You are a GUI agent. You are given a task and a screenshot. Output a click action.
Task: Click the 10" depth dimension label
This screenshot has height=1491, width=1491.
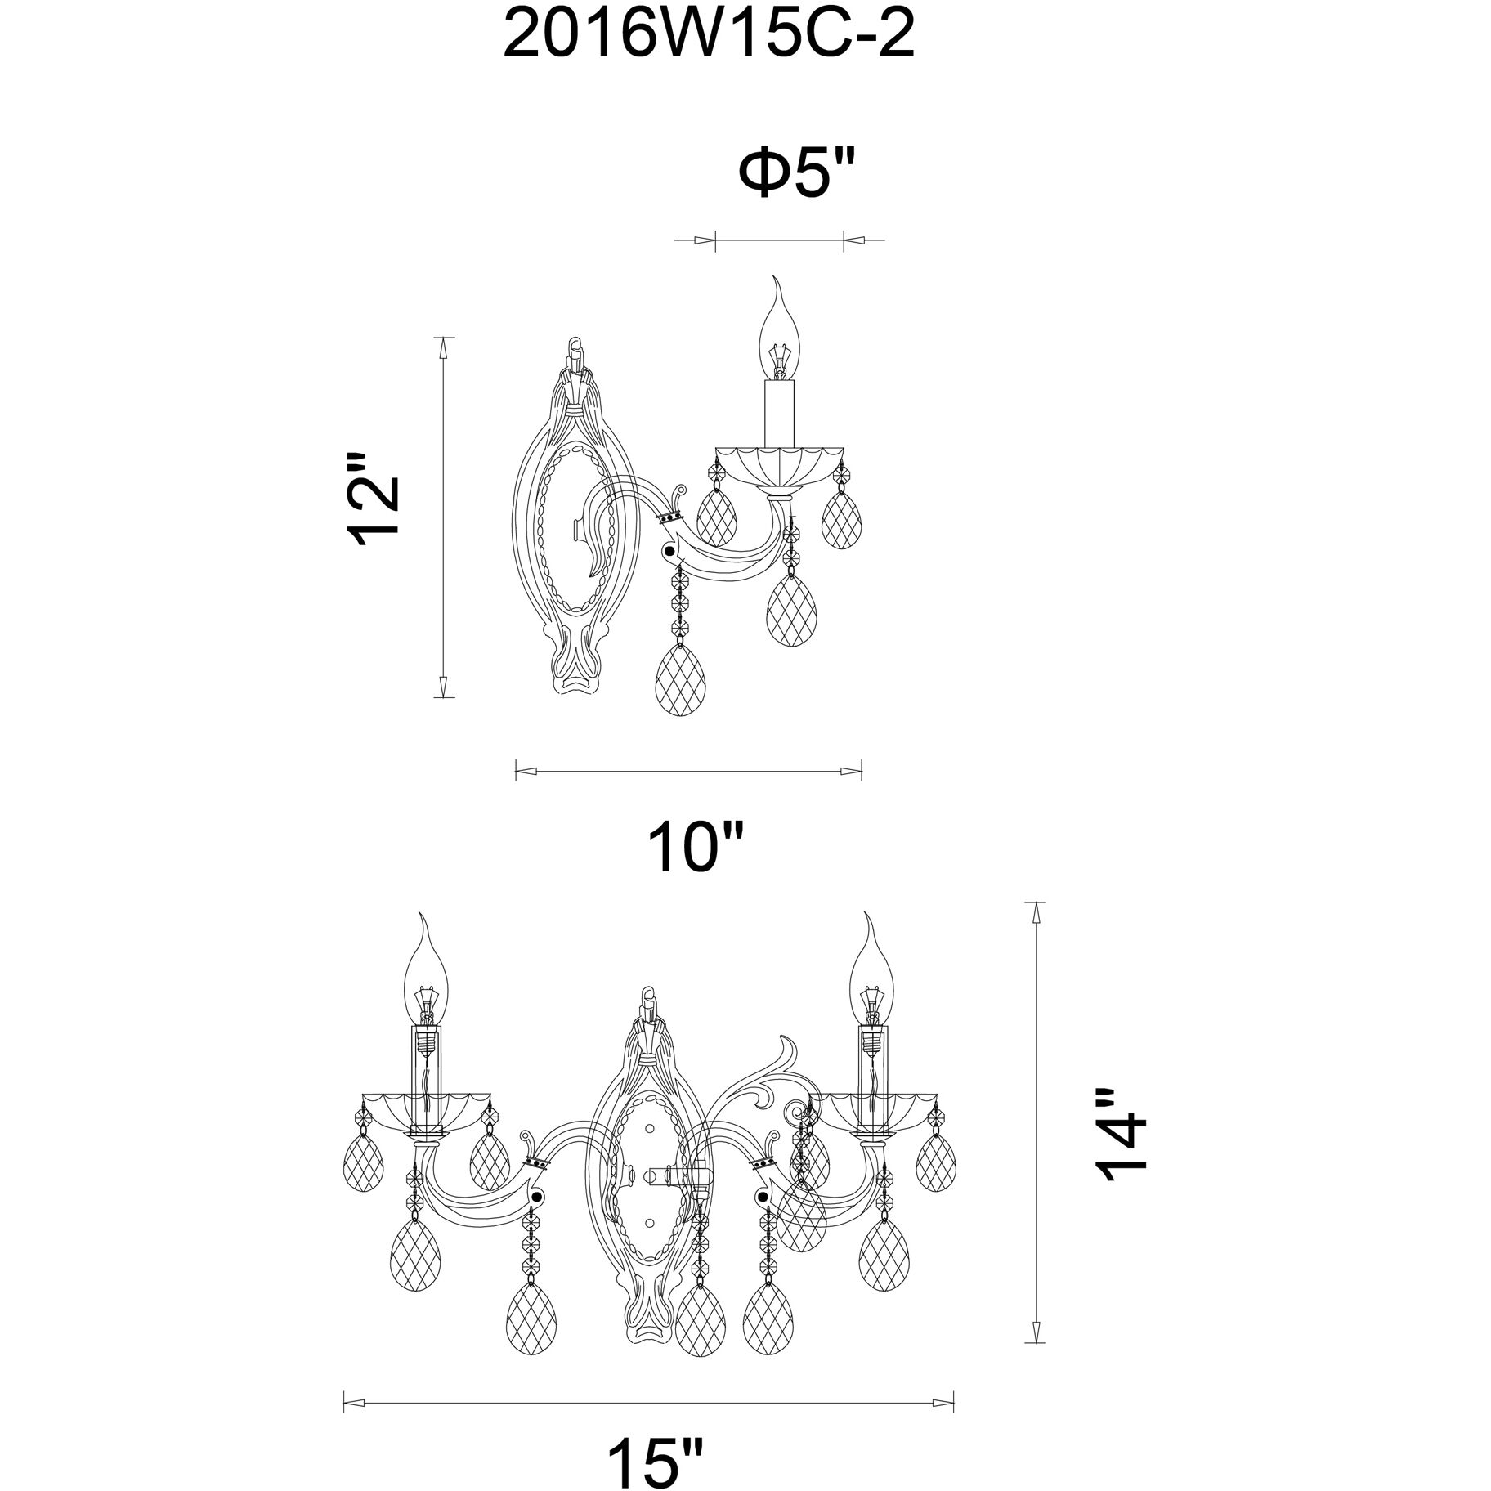696,848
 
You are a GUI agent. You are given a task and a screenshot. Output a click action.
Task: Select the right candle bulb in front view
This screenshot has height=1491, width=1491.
873,977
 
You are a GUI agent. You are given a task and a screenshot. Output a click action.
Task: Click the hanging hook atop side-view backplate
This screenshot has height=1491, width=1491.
577,353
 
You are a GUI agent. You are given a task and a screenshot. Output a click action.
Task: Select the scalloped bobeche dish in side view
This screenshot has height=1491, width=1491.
779,466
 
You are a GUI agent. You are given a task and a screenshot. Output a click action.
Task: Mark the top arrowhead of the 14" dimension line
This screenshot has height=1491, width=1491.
1037,912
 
